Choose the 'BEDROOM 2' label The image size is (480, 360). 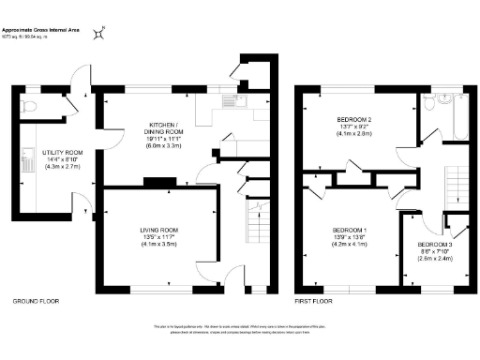[355, 120]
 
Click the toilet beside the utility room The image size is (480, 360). [28, 108]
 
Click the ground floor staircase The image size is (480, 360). [253, 225]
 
